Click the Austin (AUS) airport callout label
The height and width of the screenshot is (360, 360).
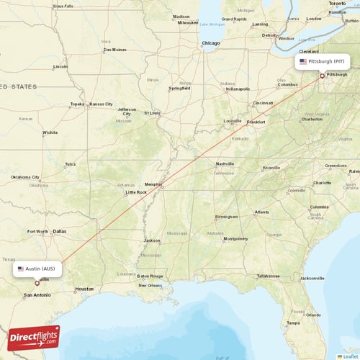point(37,269)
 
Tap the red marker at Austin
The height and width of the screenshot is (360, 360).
point(37,283)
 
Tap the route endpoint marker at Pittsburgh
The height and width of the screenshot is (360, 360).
point(322,76)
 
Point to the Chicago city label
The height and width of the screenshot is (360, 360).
point(210,43)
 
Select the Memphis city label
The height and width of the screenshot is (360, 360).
point(153,184)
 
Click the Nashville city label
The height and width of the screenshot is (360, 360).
point(225,163)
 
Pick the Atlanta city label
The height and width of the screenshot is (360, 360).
point(262,212)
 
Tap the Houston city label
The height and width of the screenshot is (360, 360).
point(84,288)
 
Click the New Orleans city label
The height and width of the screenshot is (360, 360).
point(150,285)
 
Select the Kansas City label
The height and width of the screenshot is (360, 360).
point(101,104)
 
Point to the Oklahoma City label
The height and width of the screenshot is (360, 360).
point(25,177)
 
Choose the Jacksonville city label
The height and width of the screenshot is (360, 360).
point(312,278)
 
